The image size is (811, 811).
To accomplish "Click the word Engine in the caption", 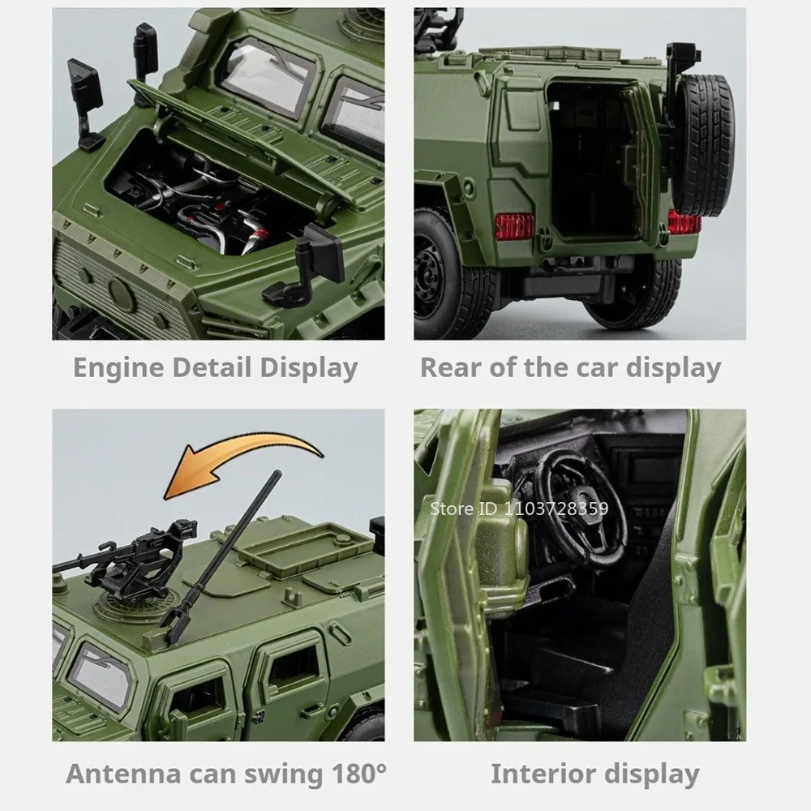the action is point(119,369).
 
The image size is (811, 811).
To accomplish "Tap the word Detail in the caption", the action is point(212,367).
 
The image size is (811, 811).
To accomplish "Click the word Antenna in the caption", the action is point(123,774).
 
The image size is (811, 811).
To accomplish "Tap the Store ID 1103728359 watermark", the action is point(519,508).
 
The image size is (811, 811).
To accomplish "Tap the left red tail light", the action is point(515,226).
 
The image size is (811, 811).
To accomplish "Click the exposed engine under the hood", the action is point(207,202).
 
